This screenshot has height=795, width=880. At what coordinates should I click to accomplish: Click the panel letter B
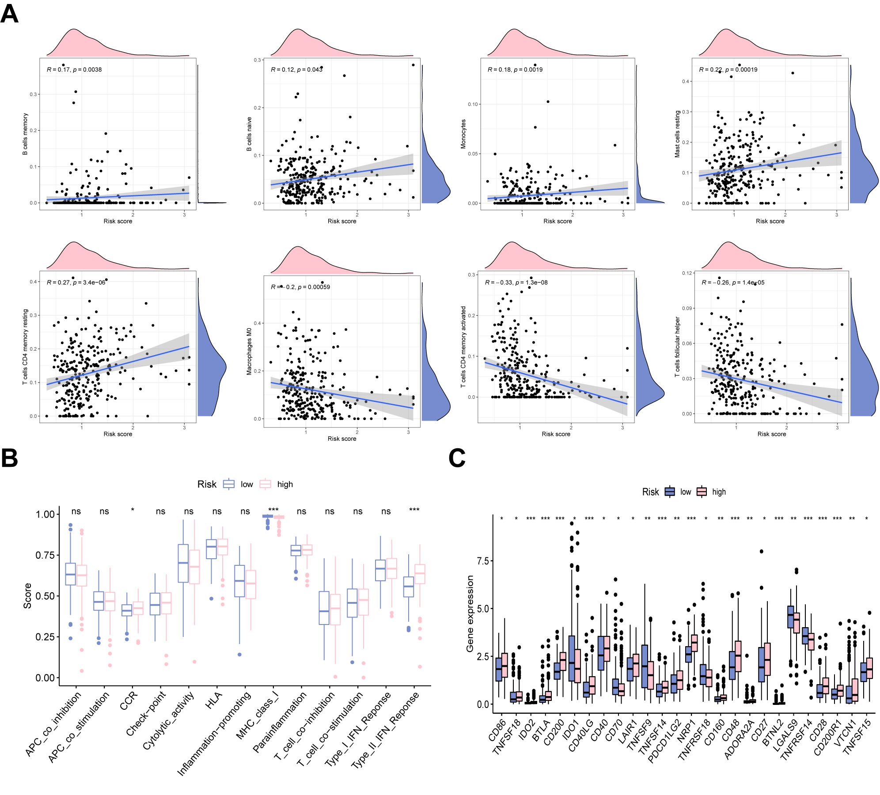pos(10,458)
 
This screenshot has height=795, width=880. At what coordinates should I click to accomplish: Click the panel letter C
pos(457,458)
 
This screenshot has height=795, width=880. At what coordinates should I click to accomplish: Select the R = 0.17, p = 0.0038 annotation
pos(74,70)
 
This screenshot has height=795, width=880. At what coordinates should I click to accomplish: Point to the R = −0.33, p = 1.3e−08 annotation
pos(516,283)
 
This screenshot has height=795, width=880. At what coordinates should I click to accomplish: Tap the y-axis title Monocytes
pos(463,134)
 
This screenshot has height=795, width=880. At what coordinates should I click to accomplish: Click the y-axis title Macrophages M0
pos(249,352)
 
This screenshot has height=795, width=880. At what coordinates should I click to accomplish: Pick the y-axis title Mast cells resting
pos(677,134)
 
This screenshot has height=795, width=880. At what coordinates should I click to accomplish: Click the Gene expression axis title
pos(470,613)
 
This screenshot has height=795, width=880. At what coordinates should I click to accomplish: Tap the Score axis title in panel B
pos(27,596)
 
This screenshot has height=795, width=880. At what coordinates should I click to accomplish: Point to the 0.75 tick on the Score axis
pos(45,555)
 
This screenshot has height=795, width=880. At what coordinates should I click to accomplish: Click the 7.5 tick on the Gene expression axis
pos(483,561)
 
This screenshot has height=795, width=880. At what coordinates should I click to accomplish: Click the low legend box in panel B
pos(229,484)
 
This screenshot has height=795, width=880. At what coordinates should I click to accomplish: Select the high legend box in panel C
pos(702,492)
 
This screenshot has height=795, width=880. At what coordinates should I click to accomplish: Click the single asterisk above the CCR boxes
pos(133,511)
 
